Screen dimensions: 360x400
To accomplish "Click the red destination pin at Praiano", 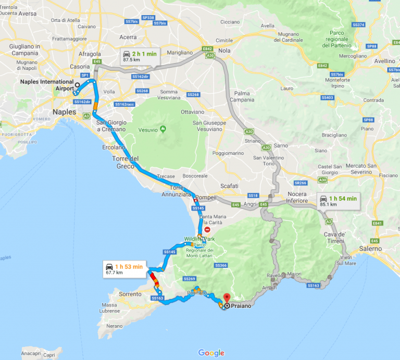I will click(x=226, y=299).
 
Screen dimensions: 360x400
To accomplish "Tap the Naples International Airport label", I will click(x=46, y=85).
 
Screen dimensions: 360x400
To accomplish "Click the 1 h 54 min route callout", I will click(x=337, y=201).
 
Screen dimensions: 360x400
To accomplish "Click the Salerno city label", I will click(x=370, y=249).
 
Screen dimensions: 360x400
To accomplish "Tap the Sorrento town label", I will click(x=130, y=294).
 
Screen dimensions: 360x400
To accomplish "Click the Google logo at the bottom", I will click(x=211, y=353).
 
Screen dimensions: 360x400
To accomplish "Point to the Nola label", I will click(x=224, y=51).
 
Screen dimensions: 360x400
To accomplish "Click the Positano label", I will click(x=197, y=293).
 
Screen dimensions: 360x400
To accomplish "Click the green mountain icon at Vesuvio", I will click(x=162, y=129).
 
